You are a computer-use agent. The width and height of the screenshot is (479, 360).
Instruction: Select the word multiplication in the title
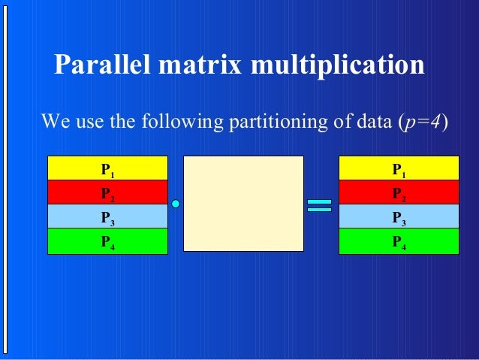[338, 65]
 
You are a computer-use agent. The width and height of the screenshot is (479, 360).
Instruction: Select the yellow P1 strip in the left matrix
[107, 168]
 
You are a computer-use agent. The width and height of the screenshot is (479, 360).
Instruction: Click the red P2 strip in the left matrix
[107, 192]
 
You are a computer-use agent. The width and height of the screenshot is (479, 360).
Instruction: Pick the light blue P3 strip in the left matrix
[107, 216]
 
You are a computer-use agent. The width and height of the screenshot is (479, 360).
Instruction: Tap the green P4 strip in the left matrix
[107, 241]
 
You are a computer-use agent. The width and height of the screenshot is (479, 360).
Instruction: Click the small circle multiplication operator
[176, 204]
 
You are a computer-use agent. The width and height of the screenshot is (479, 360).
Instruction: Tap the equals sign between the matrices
[319, 205]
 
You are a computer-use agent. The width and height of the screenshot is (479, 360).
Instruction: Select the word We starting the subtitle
[56, 121]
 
